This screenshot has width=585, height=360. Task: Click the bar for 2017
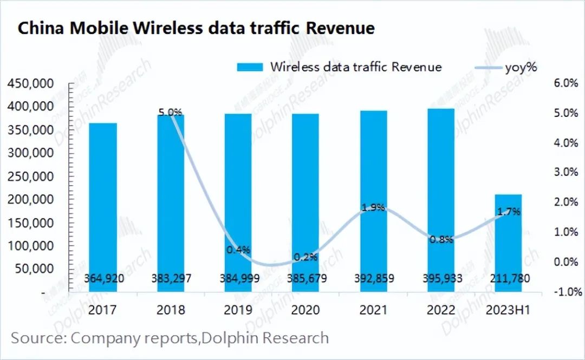click(103, 206)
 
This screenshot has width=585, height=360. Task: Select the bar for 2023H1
click(508, 244)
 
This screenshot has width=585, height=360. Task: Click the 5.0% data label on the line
click(170, 113)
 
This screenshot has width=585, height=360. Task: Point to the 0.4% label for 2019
click(238, 250)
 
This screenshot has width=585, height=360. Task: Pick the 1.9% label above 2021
click(373, 207)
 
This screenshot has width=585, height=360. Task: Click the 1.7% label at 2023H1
click(509, 212)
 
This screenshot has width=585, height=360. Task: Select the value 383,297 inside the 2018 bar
click(171, 279)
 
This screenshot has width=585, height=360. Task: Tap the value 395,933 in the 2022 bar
click(440, 279)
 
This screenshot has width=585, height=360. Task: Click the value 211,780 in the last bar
click(508, 279)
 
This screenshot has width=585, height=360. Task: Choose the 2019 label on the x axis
click(238, 310)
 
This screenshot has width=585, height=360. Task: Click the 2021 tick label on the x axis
click(373, 310)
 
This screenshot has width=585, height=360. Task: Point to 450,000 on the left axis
click(30, 84)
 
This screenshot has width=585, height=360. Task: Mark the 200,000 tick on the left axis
click(30, 200)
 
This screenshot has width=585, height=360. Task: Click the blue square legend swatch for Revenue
click(249, 68)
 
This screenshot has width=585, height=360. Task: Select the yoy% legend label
click(520, 67)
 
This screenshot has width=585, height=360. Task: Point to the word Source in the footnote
click(36, 338)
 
